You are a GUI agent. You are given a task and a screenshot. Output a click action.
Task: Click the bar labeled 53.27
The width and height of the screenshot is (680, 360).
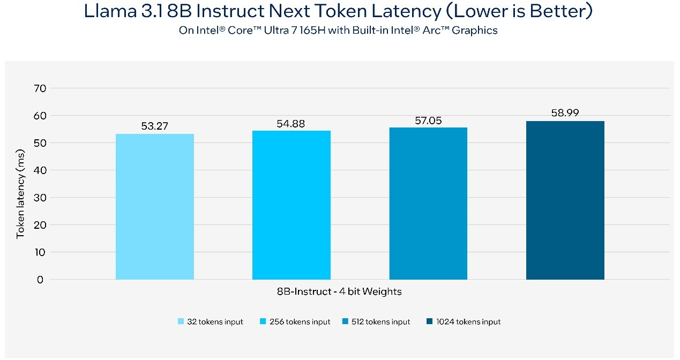point(154,206)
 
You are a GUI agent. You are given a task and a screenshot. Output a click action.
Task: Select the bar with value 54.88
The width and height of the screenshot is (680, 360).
point(291,205)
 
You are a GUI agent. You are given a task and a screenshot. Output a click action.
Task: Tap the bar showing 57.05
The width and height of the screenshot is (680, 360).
point(428,203)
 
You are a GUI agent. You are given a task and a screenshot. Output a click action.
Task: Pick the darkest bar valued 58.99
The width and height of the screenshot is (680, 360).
point(565,200)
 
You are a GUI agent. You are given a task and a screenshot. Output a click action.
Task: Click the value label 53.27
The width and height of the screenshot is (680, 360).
point(154,126)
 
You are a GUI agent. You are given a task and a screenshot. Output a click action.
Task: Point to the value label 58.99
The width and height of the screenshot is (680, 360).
point(565,113)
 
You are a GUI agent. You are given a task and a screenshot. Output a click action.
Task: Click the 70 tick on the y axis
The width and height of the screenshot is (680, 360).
point(40,88)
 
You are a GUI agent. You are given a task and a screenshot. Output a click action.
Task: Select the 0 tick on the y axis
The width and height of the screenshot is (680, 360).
point(40,280)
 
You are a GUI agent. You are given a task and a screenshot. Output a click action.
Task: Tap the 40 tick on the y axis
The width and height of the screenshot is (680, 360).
point(40,170)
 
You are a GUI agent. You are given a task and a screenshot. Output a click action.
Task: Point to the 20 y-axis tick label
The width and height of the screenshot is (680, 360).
point(40,225)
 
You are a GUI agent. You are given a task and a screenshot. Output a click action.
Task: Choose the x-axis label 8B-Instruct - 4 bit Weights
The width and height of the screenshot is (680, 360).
point(339,292)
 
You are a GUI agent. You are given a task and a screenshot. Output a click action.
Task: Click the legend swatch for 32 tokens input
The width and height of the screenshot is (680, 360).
point(181,322)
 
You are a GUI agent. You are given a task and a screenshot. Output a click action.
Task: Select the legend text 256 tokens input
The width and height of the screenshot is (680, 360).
point(300,322)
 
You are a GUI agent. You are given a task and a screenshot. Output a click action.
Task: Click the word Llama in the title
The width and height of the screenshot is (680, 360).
point(110,11)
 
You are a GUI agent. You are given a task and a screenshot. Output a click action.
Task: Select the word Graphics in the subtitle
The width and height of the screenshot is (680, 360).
point(475,31)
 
